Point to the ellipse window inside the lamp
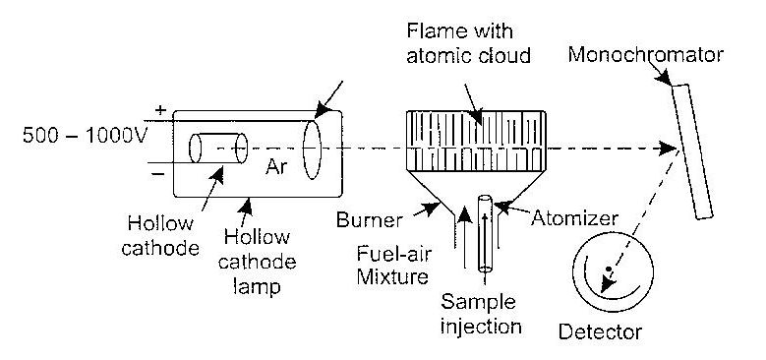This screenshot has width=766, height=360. (x=314, y=149)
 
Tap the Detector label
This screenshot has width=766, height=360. (x=600, y=331)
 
